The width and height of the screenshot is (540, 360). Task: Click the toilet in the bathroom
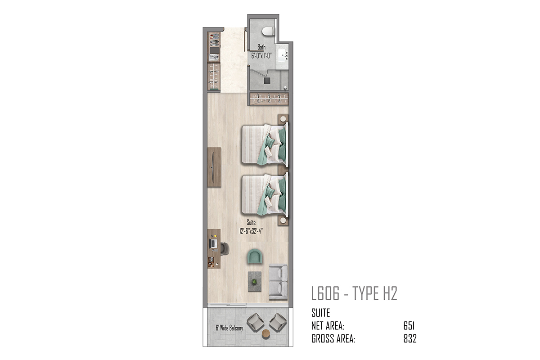tap(268, 31)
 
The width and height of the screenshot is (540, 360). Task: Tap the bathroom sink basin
tap(282, 55)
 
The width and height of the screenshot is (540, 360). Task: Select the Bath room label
tap(261, 47)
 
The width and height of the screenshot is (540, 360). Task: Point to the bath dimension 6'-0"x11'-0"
tap(261, 56)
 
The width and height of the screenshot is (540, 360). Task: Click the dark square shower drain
tap(267, 81)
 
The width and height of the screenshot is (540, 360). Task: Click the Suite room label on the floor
tap(251, 222)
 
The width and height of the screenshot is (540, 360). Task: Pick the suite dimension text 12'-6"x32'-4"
tap(251, 231)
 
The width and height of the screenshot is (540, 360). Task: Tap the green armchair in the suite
tap(254, 256)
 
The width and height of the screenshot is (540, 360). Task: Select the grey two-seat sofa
tap(278, 282)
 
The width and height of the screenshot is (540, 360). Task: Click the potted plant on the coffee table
tap(254, 281)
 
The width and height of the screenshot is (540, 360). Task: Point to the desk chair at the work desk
tap(225, 249)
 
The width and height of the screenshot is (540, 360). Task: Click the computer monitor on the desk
tap(214, 244)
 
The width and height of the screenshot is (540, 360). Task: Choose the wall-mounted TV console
tap(214, 167)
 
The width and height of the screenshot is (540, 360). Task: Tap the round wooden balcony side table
tap(266, 333)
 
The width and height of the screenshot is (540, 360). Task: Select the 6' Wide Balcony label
tap(229, 328)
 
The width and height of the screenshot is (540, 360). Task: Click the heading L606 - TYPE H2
tap(354, 293)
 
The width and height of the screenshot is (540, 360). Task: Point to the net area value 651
tap(409, 326)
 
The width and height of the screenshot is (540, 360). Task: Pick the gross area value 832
tap(410, 339)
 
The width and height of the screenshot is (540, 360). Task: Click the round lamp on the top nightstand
tap(283, 119)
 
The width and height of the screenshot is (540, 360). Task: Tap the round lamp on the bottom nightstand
tap(283, 220)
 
